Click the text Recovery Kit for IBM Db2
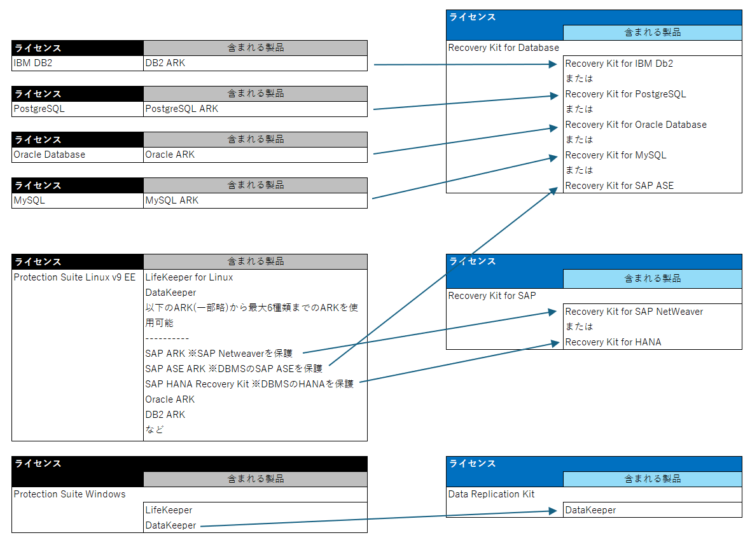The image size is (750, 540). click(619, 64)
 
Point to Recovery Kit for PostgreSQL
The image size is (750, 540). click(625, 94)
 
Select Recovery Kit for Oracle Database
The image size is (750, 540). click(635, 125)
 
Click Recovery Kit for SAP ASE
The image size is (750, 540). click(619, 186)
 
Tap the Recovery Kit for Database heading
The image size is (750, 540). click(503, 48)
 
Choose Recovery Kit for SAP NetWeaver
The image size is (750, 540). click(634, 312)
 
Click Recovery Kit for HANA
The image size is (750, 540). click(613, 342)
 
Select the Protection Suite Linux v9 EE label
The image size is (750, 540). click(74, 277)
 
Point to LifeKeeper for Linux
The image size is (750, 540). click(189, 277)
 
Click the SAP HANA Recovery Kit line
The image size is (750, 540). click(249, 384)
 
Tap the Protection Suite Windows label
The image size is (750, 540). click(69, 494)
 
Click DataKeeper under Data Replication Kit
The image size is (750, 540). click(590, 510)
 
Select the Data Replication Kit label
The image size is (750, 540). click(491, 494)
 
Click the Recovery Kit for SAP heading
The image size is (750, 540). click(492, 296)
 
